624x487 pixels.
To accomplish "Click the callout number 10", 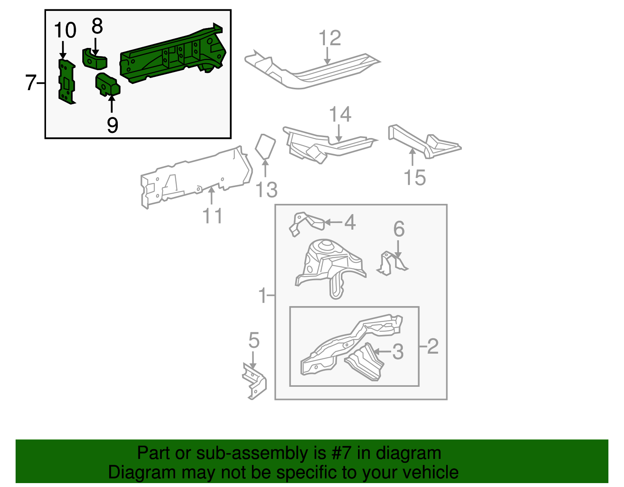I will click(x=65, y=30).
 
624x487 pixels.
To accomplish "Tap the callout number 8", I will click(x=97, y=27).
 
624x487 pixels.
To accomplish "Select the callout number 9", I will click(x=112, y=125).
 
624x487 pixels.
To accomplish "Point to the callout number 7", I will click(x=31, y=83).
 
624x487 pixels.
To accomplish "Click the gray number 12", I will click(x=330, y=38).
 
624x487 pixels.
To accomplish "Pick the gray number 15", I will click(x=415, y=178).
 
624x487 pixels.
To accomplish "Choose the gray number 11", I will click(x=213, y=216).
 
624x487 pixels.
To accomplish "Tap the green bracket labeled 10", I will click(x=66, y=82).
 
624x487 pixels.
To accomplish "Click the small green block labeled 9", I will click(x=108, y=85).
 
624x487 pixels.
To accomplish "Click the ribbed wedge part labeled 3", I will click(x=365, y=361).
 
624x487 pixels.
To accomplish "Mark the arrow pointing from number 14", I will click(x=339, y=133).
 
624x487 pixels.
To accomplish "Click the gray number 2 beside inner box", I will click(x=433, y=346).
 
